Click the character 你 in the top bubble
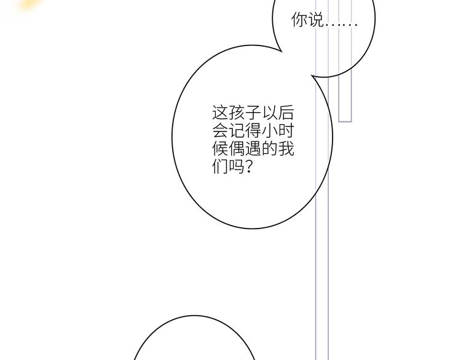(x=299, y=20)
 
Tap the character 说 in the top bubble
(x=315, y=20)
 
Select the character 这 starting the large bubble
(x=220, y=112)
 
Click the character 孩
(x=237, y=112)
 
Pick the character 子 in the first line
(x=253, y=112)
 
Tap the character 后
(x=286, y=112)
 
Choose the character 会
(x=220, y=130)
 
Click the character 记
(x=237, y=130)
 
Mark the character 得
(x=253, y=130)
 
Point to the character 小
(x=269, y=130)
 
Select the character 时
(x=286, y=130)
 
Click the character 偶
(x=237, y=149)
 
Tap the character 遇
(x=253, y=149)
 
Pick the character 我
(x=286, y=149)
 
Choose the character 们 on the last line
(x=220, y=166)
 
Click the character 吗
(x=237, y=166)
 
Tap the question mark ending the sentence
(x=248, y=166)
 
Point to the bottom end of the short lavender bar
(x=345, y=121)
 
